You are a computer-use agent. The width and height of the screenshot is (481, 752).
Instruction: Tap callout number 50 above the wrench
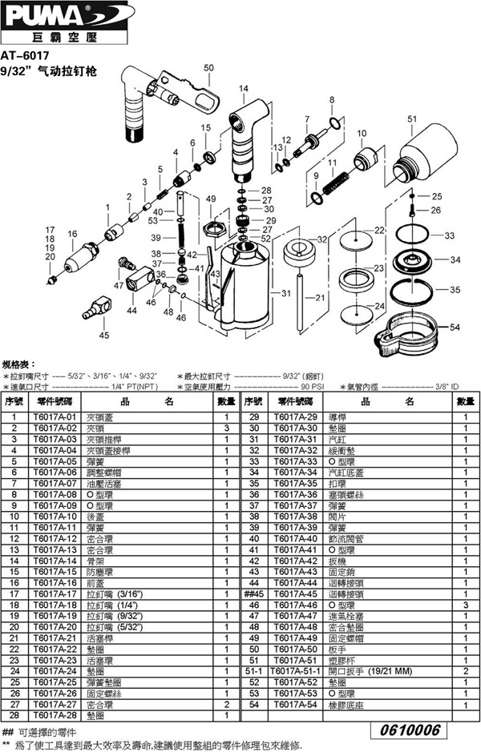click(209, 68)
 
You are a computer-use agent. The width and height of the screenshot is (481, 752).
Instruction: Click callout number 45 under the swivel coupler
click(103, 336)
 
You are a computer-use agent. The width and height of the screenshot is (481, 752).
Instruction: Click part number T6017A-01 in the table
click(55, 417)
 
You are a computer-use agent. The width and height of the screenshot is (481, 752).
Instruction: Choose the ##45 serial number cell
click(254, 593)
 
